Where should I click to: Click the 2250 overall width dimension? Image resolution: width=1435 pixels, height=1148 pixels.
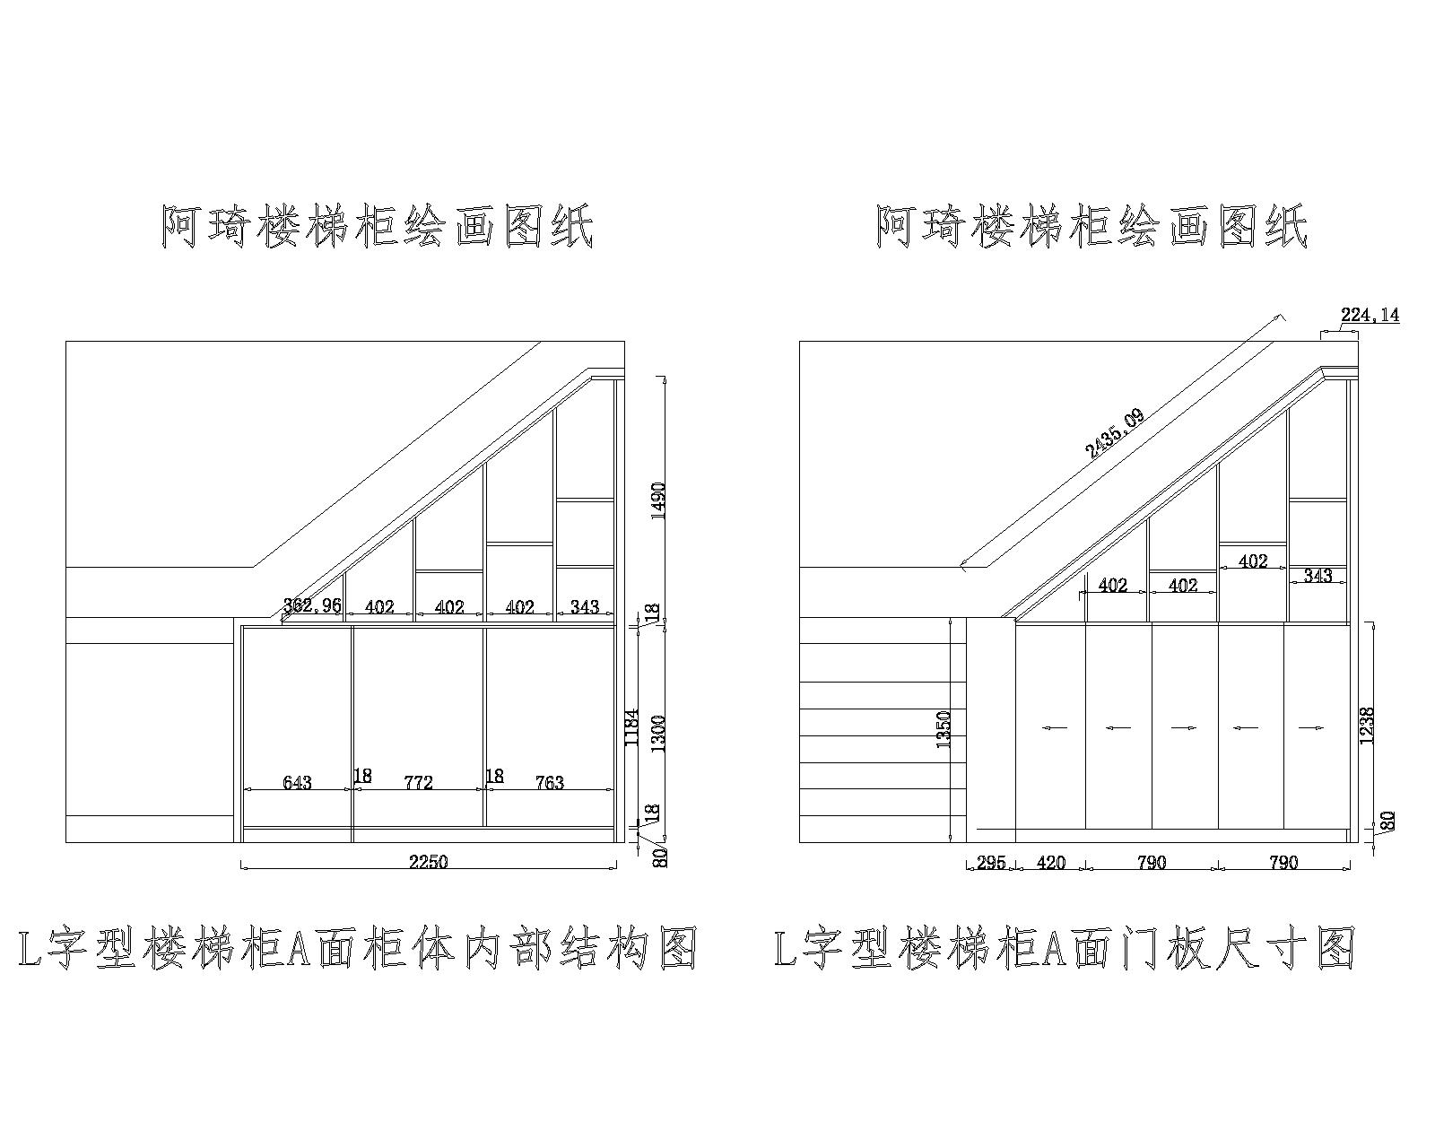click(x=428, y=862)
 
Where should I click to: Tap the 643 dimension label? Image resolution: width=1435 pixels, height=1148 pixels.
click(x=297, y=783)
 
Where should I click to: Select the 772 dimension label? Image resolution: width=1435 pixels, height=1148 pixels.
click(x=419, y=783)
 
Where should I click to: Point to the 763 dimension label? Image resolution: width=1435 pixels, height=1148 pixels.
click(x=549, y=783)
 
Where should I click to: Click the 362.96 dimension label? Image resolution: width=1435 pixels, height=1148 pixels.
click(x=312, y=605)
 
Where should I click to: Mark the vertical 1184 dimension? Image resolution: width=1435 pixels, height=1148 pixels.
click(x=631, y=727)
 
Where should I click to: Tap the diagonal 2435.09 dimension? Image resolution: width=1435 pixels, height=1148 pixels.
click(x=1114, y=434)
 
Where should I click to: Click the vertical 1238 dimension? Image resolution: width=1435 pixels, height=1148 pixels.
click(x=1367, y=725)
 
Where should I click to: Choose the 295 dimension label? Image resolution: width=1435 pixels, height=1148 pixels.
click(x=990, y=863)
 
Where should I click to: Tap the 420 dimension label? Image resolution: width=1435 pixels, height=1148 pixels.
click(x=1050, y=863)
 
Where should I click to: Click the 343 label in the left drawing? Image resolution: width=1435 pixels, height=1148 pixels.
click(x=584, y=607)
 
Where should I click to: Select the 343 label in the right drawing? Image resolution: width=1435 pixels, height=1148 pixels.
click(x=1318, y=576)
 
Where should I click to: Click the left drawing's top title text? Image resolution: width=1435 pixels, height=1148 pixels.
click(x=377, y=227)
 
